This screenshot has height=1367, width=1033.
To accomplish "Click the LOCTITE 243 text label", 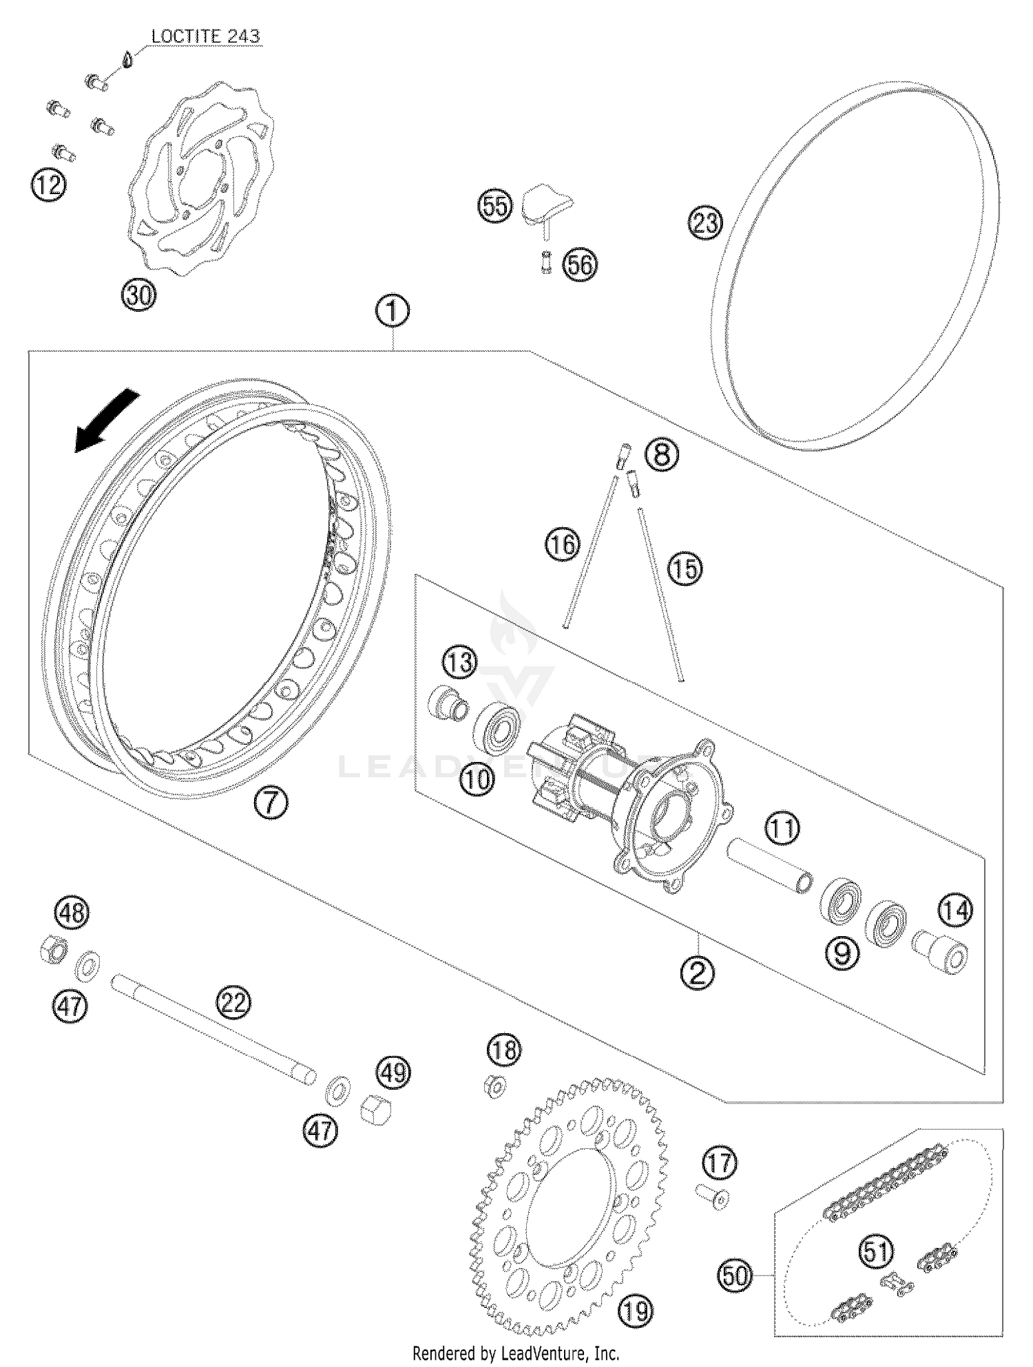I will coord(205,36).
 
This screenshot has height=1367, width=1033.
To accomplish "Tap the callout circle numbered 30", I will coord(139,295).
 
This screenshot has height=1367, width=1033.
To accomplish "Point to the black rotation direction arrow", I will coord(106,422).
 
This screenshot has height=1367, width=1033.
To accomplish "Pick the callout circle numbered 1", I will coord(392,312).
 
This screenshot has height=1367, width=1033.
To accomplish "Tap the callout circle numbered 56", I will coord(580,264).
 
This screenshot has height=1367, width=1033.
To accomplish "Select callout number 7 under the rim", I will coord(271,802).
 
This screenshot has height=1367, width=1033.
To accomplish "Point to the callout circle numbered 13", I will coord(459,663).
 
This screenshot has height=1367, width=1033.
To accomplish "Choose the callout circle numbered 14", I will coord(955,911).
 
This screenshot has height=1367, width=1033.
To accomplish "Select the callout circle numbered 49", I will coord(393,1072).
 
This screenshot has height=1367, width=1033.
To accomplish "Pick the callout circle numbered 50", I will coord(735,1275).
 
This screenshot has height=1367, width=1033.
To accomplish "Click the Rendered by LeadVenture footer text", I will coord(516,1354).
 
